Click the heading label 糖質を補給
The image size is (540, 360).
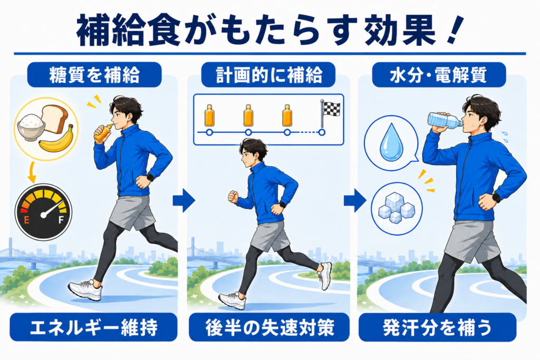[94, 75]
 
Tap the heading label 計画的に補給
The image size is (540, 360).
[268, 75]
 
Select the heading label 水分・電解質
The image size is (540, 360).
[438, 75]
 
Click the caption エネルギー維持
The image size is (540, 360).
[94, 327]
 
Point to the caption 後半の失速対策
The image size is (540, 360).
[269, 327]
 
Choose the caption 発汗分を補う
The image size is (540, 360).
[437, 327]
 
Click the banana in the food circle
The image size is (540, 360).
[57, 140]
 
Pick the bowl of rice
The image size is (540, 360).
[31, 127]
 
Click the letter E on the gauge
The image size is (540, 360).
[26, 220]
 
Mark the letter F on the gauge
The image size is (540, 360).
[61, 220]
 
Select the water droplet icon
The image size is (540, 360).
[391, 142]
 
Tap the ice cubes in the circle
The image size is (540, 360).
[397, 207]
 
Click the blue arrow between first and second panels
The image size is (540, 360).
[184, 200]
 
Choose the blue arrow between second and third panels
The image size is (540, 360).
[355, 200]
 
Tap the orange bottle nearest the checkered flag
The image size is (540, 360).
[287, 115]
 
